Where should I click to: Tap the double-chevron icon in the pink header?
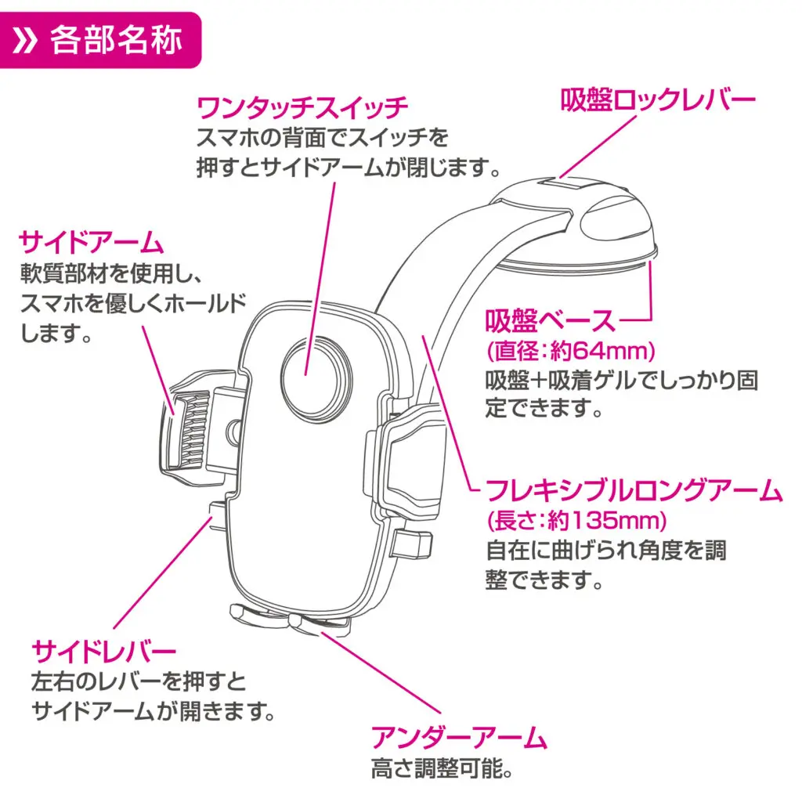pyautogui.click(x=29, y=40)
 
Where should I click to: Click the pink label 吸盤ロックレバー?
pyautogui.click(x=658, y=99)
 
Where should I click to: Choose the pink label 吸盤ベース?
pyautogui.click(x=551, y=320)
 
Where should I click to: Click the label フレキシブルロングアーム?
pyautogui.click(x=634, y=491)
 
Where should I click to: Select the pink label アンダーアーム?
pyautogui.click(x=459, y=737)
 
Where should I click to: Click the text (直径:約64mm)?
pyautogui.click(x=571, y=349)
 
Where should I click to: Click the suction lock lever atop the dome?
pyautogui.click(x=565, y=185)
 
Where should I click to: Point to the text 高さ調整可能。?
pyautogui.click(x=443, y=770)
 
